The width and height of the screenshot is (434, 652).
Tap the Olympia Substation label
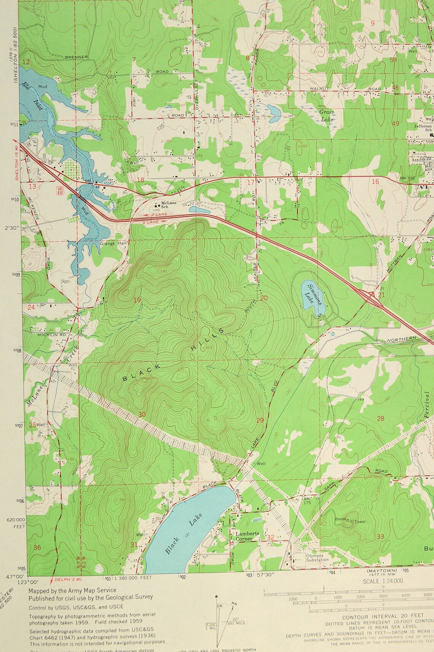click(317, 557)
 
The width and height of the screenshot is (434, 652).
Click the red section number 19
click(137, 300)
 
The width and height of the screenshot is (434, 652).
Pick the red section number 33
click(380, 536)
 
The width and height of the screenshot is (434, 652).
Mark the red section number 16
click(375, 182)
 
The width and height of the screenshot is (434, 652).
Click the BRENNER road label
click(76, 57)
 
